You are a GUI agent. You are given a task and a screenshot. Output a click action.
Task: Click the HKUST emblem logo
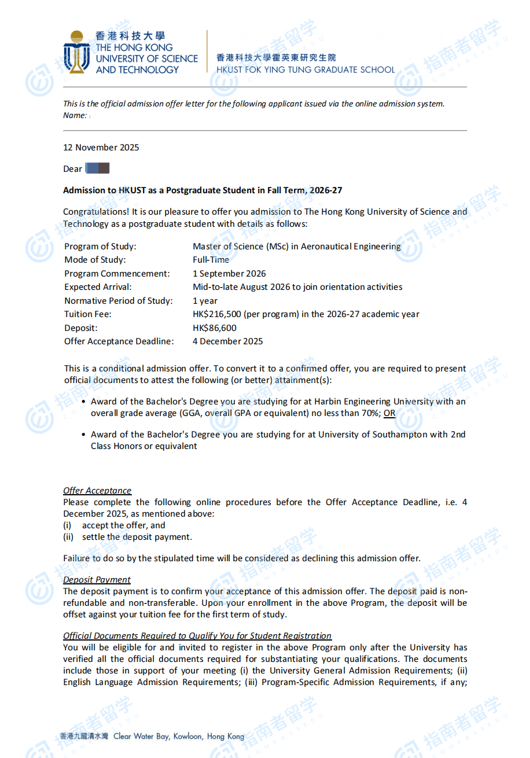[x=76, y=53]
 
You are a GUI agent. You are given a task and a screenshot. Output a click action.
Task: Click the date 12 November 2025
[x=101, y=148]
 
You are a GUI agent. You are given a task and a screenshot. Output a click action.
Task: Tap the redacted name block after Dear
[x=97, y=169]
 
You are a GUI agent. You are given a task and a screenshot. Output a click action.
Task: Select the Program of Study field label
[x=100, y=246]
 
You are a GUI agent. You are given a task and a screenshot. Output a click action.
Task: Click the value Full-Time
[x=211, y=260]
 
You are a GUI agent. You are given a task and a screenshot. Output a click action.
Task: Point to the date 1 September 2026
[x=229, y=274]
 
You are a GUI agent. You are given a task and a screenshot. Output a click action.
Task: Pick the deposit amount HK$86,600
[x=214, y=328]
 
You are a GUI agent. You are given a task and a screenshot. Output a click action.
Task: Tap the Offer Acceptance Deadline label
[x=119, y=341]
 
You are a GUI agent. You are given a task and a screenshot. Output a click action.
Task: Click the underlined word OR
[x=389, y=414]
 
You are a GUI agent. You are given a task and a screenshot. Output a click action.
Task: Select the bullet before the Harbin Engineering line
[x=83, y=402]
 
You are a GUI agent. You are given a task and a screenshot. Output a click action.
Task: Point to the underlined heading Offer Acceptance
[x=97, y=491]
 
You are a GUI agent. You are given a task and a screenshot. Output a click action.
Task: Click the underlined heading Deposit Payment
[x=97, y=580]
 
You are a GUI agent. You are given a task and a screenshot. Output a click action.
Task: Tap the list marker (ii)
[x=68, y=537]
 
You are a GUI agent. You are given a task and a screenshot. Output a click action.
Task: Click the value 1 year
[x=205, y=301]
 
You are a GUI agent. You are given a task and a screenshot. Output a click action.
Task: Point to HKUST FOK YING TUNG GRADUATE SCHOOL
[x=306, y=70]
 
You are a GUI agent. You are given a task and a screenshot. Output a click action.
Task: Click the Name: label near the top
[x=75, y=116]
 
